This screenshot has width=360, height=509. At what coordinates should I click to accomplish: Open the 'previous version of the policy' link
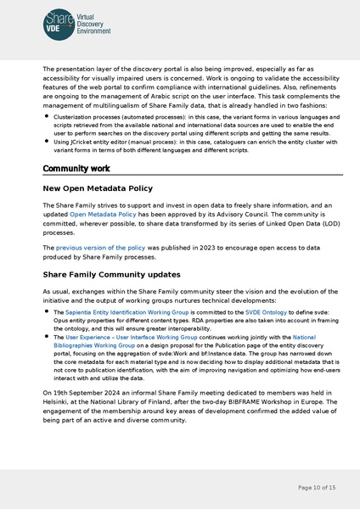pos(95,247)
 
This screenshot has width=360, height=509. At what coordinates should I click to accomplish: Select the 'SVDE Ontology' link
pos(266,313)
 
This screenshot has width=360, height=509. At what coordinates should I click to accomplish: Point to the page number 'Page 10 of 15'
pos(318,488)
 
